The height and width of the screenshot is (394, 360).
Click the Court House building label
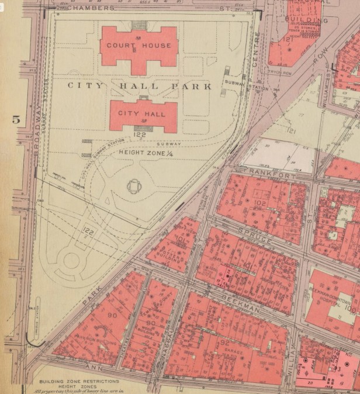pyautogui.click(x=139, y=46)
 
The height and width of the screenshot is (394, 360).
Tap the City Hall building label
pyautogui.click(x=139, y=113)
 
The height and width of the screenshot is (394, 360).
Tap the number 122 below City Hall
pyautogui.click(x=139, y=134)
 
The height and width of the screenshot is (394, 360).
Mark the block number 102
pyautogui.click(x=261, y=203)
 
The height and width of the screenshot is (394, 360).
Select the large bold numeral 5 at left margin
pyautogui.click(x=16, y=120)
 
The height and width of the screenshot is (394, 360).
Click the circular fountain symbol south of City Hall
pyautogui.click(x=134, y=186)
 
